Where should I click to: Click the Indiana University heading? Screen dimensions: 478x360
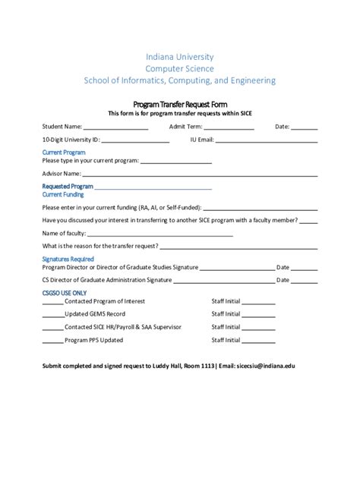coord(179,57)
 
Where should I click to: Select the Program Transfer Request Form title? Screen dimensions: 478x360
coord(180,104)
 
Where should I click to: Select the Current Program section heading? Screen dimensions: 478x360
coord(64,153)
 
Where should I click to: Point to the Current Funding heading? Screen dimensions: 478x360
coord(63,195)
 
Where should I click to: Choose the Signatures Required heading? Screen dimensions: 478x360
coord(68,259)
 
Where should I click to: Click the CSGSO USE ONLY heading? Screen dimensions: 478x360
coord(65,293)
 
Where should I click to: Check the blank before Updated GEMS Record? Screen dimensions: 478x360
coord(53,315)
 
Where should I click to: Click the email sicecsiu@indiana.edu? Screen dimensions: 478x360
coord(265,366)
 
